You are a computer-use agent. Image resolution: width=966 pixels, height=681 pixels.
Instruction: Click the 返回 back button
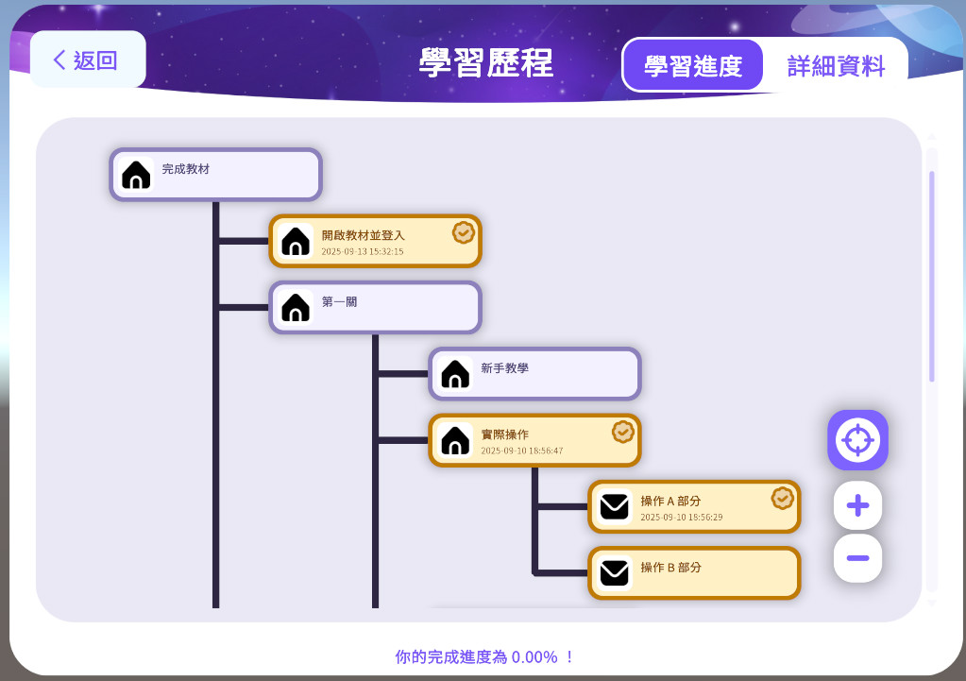point(88,60)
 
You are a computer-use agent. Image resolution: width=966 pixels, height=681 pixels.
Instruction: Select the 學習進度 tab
point(693,65)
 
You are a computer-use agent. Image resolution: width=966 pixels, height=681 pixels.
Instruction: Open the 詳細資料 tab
point(836,65)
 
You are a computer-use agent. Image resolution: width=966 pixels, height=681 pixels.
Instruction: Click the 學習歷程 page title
point(486,62)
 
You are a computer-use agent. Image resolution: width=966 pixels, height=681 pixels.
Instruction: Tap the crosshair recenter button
point(857,440)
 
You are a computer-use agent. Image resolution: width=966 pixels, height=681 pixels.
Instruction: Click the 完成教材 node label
point(185,169)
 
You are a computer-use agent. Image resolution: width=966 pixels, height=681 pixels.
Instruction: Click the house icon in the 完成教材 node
point(136,175)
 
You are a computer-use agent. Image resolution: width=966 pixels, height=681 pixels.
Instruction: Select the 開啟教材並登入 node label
point(363,235)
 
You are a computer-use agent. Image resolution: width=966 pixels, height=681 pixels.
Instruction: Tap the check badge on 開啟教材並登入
point(464,232)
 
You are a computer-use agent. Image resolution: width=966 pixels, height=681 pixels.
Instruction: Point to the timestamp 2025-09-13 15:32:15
point(363,251)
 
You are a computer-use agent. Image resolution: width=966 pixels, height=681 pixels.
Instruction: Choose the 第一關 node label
point(339,302)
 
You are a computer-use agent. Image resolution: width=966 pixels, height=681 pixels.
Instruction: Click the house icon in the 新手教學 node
point(455,374)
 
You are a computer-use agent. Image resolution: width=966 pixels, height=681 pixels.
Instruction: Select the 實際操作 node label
point(504,434)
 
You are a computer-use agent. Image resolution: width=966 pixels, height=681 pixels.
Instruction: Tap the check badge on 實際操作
point(623,432)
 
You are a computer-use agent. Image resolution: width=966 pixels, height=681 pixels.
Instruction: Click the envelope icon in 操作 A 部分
point(614,507)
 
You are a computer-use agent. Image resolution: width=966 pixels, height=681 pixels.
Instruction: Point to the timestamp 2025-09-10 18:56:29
point(682,517)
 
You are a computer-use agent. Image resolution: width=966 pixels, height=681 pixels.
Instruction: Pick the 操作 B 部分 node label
point(670,568)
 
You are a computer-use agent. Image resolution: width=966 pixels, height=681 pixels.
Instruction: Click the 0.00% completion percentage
point(534,657)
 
